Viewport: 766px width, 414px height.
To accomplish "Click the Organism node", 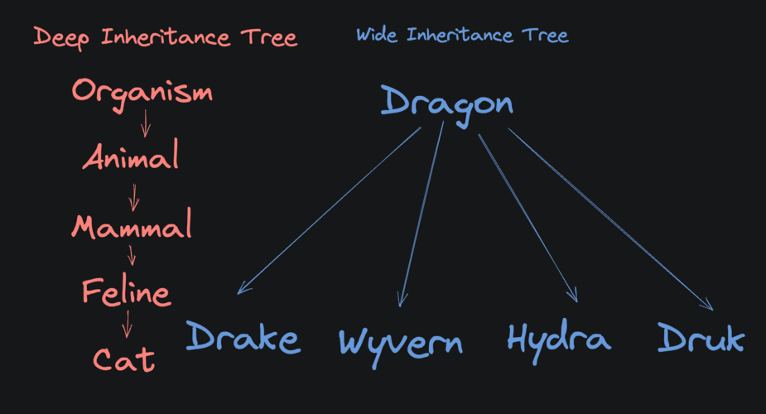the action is coord(142,92).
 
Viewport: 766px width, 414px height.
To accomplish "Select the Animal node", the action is coord(131,156).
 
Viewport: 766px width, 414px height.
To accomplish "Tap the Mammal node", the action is coord(132,225).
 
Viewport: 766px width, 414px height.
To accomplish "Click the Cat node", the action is coord(123,359).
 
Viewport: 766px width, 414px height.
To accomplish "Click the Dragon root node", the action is coord(447,103).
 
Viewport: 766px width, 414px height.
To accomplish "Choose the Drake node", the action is coord(243,338).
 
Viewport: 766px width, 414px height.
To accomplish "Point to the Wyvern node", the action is coord(401,341).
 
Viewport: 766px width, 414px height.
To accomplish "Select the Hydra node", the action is coord(559,338).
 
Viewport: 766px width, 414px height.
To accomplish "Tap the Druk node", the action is coord(701,338).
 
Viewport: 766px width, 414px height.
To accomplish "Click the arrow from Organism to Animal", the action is coord(146,123).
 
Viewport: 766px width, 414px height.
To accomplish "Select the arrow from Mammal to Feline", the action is coord(130,255).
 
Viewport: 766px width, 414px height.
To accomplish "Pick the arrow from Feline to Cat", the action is coord(127,323).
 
